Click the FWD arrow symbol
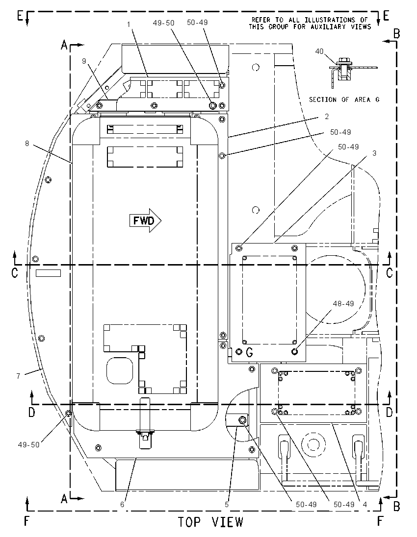click(x=145, y=220)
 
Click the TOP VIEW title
click(x=210, y=522)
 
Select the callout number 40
click(x=319, y=51)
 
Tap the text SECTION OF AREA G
click(x=344, y=99)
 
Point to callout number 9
click(x=84, y=61)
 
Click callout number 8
click(x=27, y=144)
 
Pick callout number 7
click(x=18, y=376)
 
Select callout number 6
click(x=122, y=505)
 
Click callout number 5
click(x=227, y=505)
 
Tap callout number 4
click(x=365, y=505)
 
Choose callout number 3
click(x=374, y=153)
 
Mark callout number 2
click(x=327, y=117)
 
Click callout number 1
click(x=129, y=24)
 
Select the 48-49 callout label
click(x=343, y=303)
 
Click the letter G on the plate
click(x=250, y=352)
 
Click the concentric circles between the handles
click(x=312, y=444)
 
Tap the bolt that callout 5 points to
click(x=243, y=420)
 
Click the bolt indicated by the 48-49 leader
click(x=294, y=351)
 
